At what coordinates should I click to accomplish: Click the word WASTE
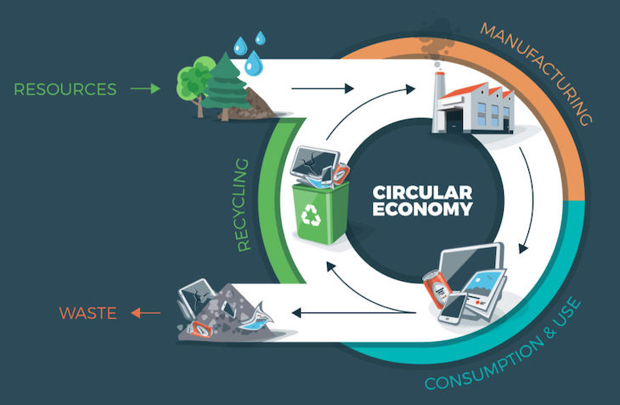click(x=87, y=313)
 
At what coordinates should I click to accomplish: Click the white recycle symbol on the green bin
click(x=312, y=217)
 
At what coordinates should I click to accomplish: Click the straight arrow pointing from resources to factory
click(x=321, y=87)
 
